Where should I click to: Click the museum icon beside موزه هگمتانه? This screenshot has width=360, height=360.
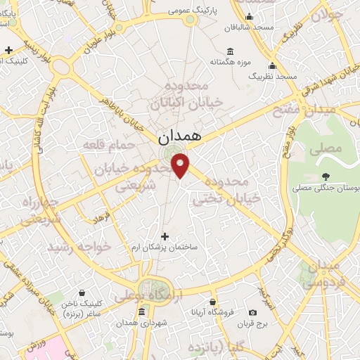coord(231,51)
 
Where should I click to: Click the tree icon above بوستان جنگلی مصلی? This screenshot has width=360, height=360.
coord(324,176)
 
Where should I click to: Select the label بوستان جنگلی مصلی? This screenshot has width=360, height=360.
coord(325,188)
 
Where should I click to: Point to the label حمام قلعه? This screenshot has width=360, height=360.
coord(109,145)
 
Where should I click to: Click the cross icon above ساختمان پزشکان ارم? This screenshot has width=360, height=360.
coord(165,236)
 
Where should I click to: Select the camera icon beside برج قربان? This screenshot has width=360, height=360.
coord(252,312)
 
